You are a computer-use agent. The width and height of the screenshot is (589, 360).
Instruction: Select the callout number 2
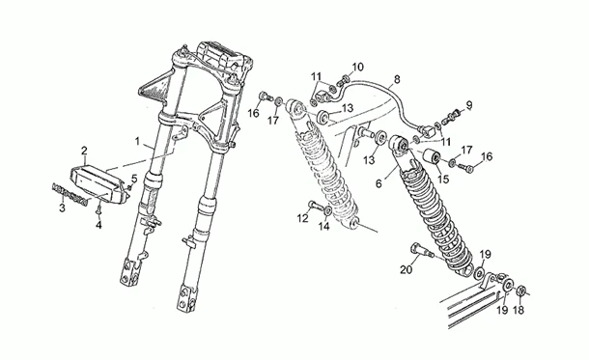(x=84, y=151)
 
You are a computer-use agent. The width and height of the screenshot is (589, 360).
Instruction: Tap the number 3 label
(x=62, y=208)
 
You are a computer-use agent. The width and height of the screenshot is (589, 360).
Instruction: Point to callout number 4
(x=98, y=224)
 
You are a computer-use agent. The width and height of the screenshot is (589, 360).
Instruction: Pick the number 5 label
(x=134, y=179)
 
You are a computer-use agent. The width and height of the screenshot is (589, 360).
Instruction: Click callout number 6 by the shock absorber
(x=379, y=180)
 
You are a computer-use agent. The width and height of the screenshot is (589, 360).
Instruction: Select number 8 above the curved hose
(x=396, y=80)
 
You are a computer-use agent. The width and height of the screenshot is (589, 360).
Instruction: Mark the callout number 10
(x=358, y=67)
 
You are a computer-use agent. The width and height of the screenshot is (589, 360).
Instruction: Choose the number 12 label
(x=302, y=219)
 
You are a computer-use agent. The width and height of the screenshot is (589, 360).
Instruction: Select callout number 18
(x=519, y=311)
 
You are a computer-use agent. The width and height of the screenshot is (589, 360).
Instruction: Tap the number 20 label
(x=406, y=270)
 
